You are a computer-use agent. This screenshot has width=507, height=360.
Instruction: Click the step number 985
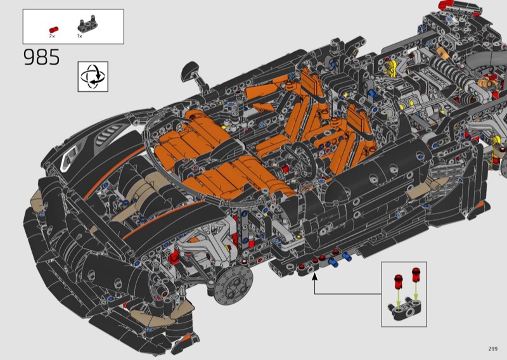(x=42, y=57)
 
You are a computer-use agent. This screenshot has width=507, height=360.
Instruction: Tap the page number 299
(x=493, y=349)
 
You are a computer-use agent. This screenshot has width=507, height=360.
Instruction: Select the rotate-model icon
(x=93, y=77)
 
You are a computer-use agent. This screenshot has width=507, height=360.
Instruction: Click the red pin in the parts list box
(x=54, y=29)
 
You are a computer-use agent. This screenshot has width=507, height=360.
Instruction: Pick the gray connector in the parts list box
(x=87, y=25)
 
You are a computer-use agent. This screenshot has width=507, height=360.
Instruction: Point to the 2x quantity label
(x=52, y=36)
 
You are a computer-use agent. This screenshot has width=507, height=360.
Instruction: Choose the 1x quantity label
(x=80, y=36)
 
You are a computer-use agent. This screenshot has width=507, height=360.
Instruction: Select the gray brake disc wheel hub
(x=233, y=286)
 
